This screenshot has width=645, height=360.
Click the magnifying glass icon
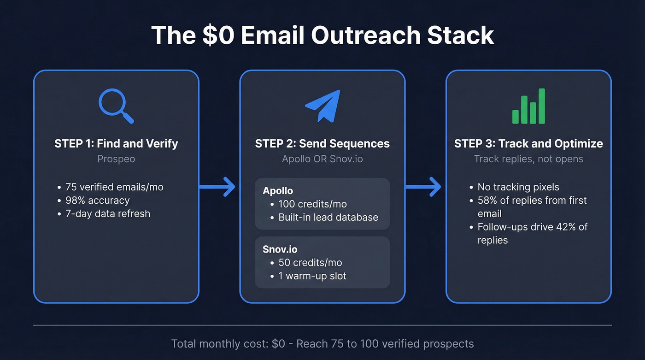[115, 106]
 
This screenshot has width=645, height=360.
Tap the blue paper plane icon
[322, 106]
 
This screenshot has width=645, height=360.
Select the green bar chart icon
[528, 106]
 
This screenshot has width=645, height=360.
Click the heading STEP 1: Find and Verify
[116, 143]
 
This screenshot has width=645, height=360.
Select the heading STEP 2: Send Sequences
[322, 143]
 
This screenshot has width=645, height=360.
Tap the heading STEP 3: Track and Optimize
[528, 143]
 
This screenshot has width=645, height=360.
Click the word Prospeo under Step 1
[116, 159]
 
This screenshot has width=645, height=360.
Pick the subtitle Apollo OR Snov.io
[322, 159]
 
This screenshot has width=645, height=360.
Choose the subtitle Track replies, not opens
[528, 159]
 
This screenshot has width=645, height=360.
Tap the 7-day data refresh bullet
[108, 214]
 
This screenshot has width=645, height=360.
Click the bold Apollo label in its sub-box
[278, 191]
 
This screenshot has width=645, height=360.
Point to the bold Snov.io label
[280, 249]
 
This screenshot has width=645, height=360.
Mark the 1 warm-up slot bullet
[312, 276]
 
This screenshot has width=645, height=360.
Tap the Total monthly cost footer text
[322, 344]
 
